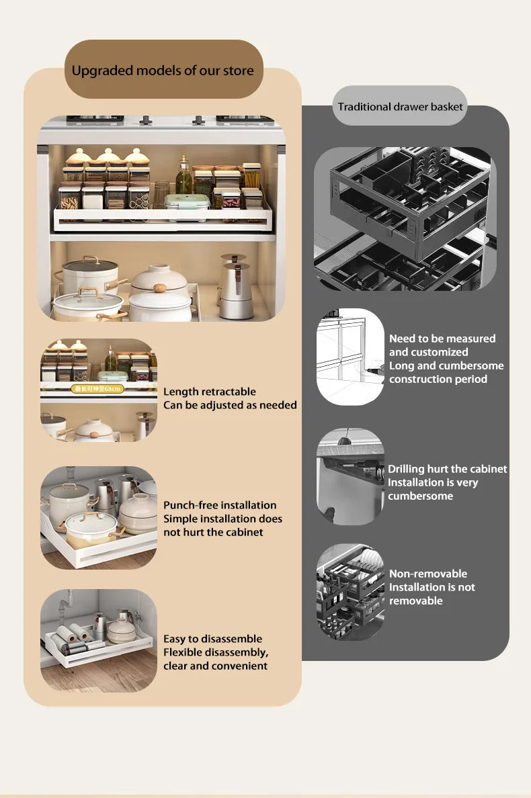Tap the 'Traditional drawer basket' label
point(400,107)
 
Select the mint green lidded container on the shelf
point(188,202)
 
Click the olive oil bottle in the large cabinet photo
point(183,177)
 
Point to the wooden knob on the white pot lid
point(160,288)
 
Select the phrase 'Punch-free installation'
point(220,505)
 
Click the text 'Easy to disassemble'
point(212,639)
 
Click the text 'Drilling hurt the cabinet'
point(447,469)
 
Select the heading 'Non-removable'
point(427,574)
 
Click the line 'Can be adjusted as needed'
point(230,405)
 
